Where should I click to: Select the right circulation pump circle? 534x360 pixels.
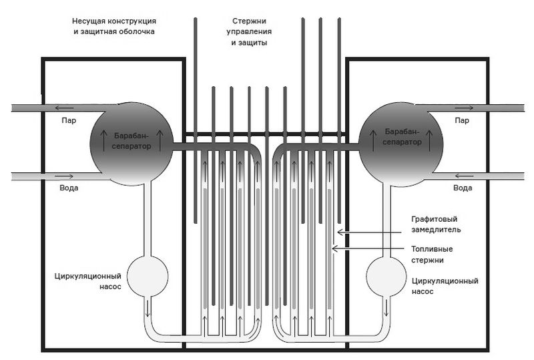tap(385, 275)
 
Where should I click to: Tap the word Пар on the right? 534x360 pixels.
tap(462, 121)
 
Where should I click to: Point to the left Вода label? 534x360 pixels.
tap(69, 188)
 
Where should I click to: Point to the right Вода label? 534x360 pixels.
tap(462, 188)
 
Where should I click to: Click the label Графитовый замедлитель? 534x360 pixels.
tap(437, 224)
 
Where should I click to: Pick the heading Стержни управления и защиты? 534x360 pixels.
tap(248, 31)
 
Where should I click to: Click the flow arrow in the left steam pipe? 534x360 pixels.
tap(65, 107)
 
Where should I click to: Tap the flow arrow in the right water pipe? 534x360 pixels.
tap(465, 176)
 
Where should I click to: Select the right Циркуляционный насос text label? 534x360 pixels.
tap(445, 286)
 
